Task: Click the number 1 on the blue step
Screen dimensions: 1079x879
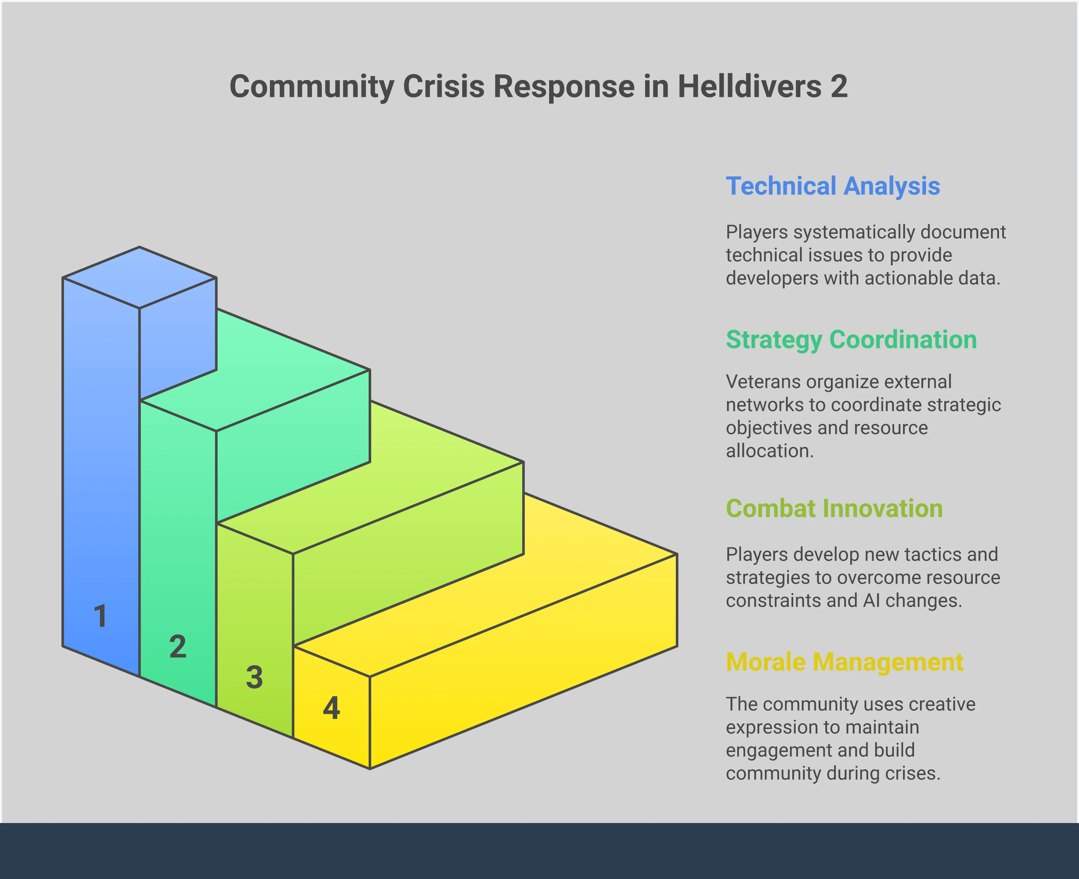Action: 100,616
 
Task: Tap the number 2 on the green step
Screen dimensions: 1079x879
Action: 178,646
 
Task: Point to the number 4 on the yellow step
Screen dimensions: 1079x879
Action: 331,708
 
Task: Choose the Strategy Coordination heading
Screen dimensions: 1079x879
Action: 851,340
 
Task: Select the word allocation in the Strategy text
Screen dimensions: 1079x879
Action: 770,451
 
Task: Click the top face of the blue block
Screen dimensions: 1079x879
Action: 139,277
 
